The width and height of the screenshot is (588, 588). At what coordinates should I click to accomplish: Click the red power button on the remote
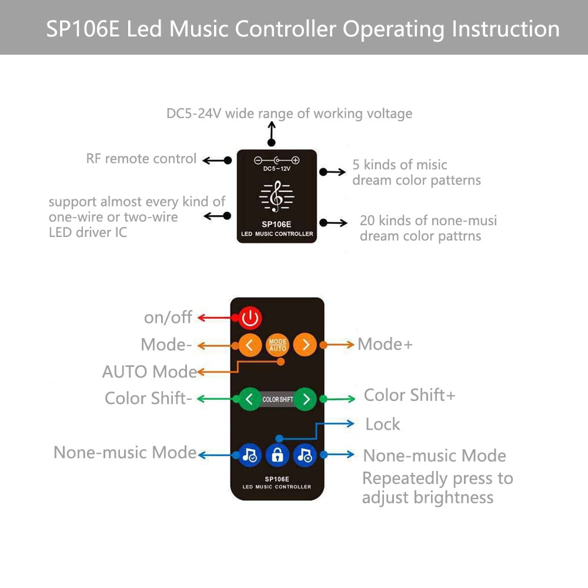pyautogui.click(x=250, y=318)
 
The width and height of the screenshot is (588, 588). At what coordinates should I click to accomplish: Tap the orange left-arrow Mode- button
pyautogui.click(x=249, y=345)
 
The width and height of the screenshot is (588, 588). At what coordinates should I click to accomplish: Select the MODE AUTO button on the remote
pyautogui.click(x=278, y=345)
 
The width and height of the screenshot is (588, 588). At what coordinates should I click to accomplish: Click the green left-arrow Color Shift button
pyautogui.click(x=249, y=399)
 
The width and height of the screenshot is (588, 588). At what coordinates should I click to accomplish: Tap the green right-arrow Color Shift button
pyautogui.click(x=306, y=399)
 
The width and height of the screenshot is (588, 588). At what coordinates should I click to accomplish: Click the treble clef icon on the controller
pyautogui.click(x=276, y=196)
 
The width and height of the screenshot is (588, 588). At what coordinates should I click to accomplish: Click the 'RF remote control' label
pyautogui.click(x=141, y=159)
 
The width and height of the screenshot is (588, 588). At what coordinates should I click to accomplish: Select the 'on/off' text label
pyautogui.click(x=168, y=318)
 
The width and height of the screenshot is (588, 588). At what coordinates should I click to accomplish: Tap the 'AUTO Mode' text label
pyautogui.click(x=149, y=372)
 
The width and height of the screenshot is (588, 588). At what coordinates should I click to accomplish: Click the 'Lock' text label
pyautogui.click(x=382, y=424)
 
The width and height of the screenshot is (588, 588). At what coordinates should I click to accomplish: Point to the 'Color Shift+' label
pyautogui.click(x=409, y=395)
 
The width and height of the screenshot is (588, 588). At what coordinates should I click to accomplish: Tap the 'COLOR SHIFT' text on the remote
pyautogui.click(x=278, y=400)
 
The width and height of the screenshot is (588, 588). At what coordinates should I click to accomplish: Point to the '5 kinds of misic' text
pyautogui.click(x=400, y=165)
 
